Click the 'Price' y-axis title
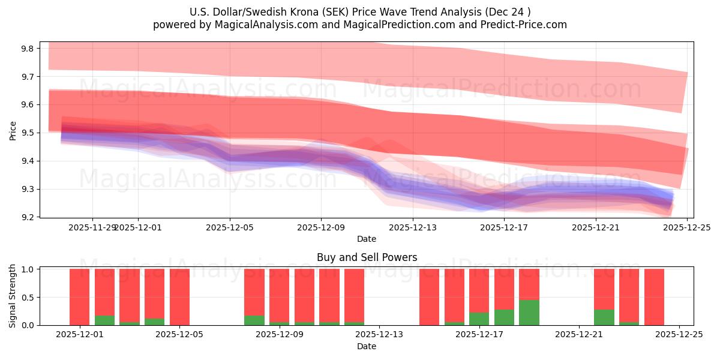pyautogui.click(x=13, y=130)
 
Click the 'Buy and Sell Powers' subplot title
pyautogui.click(x=367, y=257)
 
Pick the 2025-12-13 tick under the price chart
pyautogui.click(x=413, y=227)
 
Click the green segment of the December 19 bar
pyautogui.click(x=529, y=313)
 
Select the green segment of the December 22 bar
pyautogui.click(x=604, y=317)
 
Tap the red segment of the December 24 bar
pyautogui.click(x=654, y=297)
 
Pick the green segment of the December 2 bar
pyautogui.click(x=105, y=320)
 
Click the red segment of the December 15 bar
pyautogui.click(x=430, y=297)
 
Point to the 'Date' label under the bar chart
pyautogui.click(x=367, y=346)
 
